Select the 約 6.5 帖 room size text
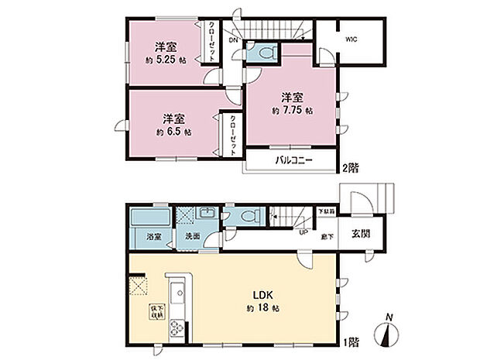[x=173, y=132]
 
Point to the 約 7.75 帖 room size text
[x=292, y=111]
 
